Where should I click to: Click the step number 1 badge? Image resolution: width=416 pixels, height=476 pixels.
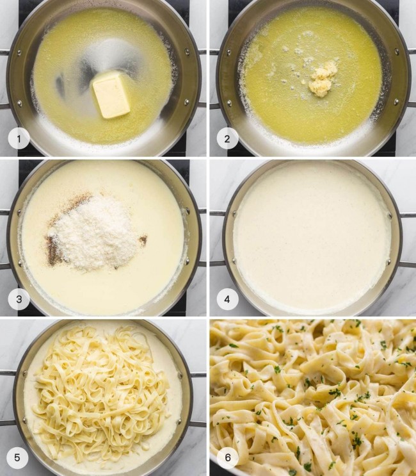pyautogui.click(x=19, y=138)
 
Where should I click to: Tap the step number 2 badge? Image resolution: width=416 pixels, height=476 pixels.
pyautogui.click(x=227, y=138)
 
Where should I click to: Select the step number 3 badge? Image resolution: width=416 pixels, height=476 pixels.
pyautogui.click(x=19, y=299)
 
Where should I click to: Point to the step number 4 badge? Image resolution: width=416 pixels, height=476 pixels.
pyautogui.click(x=227, y=299)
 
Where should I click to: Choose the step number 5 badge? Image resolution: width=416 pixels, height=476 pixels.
pyautogui.click(x=19, y=457)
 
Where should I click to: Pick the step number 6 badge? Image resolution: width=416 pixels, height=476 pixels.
pyautogui.click(x=227, y=457)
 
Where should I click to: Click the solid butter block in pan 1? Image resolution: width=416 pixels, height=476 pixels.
pyautogui.click(x=112, y=95)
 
